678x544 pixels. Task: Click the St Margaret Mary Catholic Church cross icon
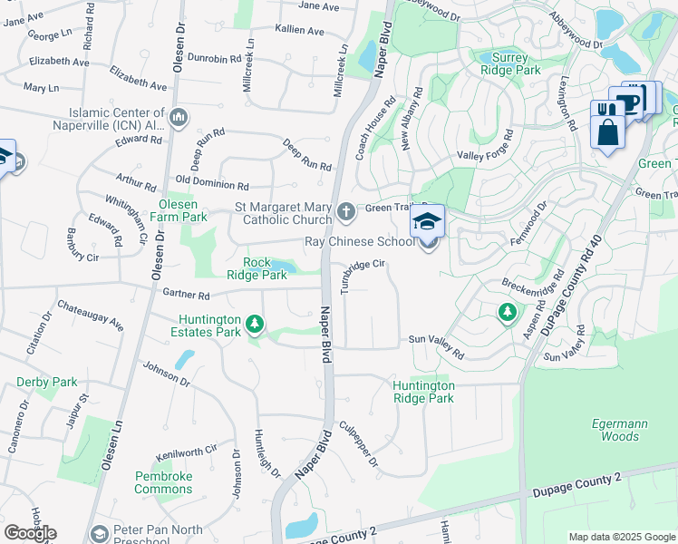(x=345, y=213)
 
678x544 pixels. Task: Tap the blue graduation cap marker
(x=427, y=221)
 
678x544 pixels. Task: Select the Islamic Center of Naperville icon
(x=179, y=117)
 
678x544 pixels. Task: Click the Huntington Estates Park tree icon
(x=256, y=324)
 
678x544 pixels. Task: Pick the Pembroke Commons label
(x=163, y=482)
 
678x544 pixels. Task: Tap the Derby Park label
(x=47, y=383)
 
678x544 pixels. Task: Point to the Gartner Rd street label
(x=186, y=296)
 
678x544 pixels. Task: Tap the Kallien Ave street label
(x=299, y=31)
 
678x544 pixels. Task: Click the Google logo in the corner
(x=30, y=532)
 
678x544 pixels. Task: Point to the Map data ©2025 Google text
(x=621, y=537)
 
